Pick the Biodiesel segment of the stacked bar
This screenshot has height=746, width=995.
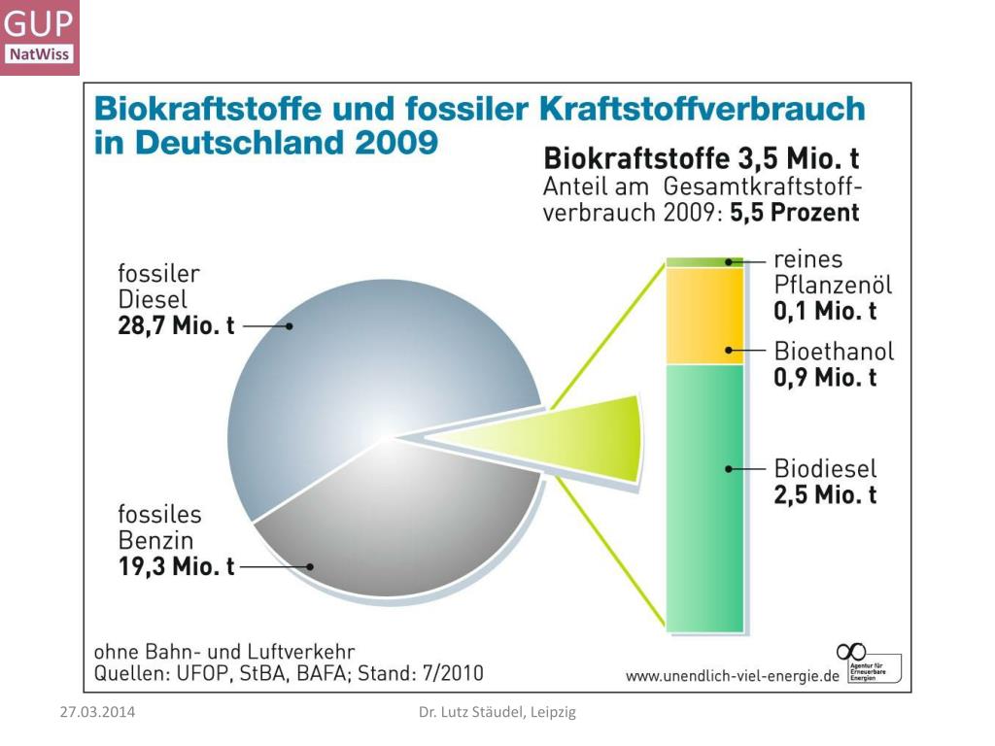pos(703,495)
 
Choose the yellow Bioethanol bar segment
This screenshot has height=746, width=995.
pos(703,316)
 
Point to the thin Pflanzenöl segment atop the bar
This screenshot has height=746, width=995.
pos(703,262)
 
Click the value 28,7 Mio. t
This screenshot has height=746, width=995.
pos(176,326)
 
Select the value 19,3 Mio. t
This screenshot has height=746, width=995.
pos(176,567)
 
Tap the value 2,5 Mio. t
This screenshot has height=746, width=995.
pos(825,494)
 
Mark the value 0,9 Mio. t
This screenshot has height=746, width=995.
pos(825,377)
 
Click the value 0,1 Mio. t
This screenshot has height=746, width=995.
pos(825,311)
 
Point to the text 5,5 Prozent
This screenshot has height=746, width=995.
pos(795,213)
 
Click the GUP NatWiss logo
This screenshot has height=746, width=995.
pos(40,37)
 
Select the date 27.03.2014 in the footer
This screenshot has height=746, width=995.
pos(97,712)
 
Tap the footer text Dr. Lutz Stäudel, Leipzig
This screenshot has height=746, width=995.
pos(497,712)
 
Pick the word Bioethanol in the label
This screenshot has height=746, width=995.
pos(834,351)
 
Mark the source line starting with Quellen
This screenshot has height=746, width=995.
pos(288,672)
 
